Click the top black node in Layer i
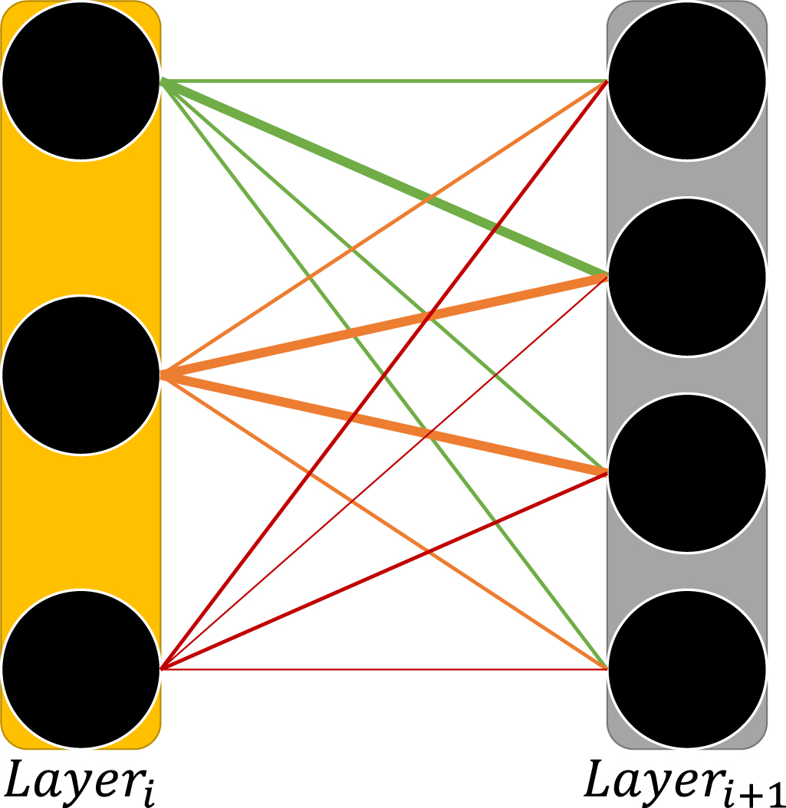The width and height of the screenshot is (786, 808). click(x=81, y=80)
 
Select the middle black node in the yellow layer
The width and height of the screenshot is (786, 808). click(x=81, y=375)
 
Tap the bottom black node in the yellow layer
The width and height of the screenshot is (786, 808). click(x=81, y=669)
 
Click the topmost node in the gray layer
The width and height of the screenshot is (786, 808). click(x=686, y=80)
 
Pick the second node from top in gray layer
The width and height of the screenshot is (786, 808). click(x=686, y=276)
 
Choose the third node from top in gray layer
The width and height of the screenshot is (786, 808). click(x=686, y=472)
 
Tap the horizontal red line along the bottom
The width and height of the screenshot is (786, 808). click(x=383, y=669)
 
